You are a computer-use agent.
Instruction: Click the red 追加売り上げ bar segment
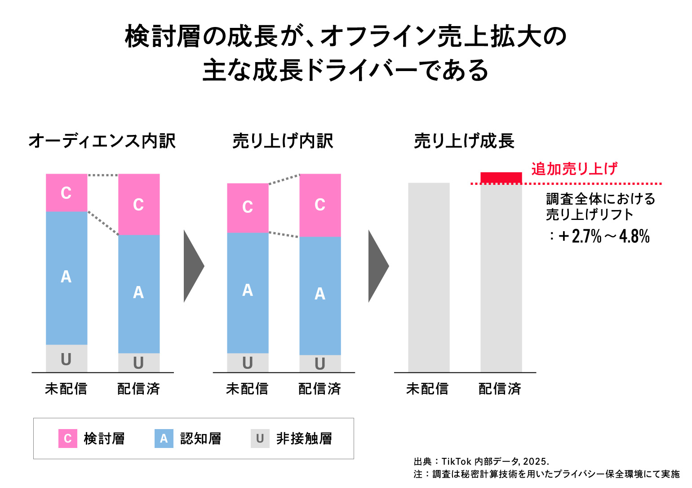click(501, 178)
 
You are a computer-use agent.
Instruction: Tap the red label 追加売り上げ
click(574, 169)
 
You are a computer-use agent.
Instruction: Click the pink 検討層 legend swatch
click(67, 439)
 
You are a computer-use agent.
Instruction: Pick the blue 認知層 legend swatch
click(164, 439)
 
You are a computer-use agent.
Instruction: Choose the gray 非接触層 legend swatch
click(260, 439)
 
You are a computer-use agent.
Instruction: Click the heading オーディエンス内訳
click(102, 141)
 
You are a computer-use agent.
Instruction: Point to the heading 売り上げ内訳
click(283, 141)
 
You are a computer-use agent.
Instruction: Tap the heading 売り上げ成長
click(464, 141)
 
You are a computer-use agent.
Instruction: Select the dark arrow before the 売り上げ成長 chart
click(377, 266)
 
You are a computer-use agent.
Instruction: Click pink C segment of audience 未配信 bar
click(67, 193)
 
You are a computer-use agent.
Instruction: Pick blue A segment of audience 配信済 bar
click(139, 293)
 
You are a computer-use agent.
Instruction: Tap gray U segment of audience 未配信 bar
click(67, 358)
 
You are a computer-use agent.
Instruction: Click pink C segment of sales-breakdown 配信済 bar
click(320, 205)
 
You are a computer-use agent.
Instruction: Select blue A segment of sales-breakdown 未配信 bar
click(248, 292)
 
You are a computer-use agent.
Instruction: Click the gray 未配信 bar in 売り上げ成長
click(429, 278)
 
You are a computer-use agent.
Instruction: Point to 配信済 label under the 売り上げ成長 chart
click(500, 389)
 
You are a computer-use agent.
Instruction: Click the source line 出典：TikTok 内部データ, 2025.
click(481, 461)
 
